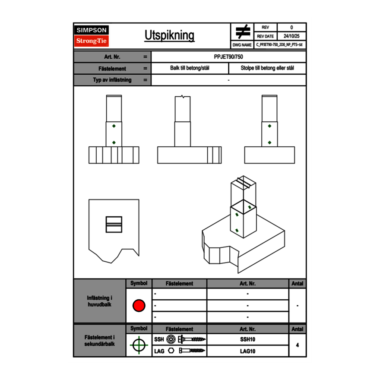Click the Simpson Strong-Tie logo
pyautogui.click(x=92, y=36)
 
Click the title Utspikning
pyautogui.click(x=169, y=35)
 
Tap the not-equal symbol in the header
pyautogui.click(x=243, y=32)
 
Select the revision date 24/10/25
pyautogui.click(x=291, y=36)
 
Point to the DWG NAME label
pyautogui.click(x=242, y=45)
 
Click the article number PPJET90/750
pyautogui.click(x=228, y=57)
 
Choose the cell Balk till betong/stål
pyautogui.click(x=190, y=68)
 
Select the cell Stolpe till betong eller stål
pyautogui.click(x=267, y=68)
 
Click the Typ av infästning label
pyautogui.click(x=112, y=80)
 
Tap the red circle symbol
pyautogui.click(x=139, y=305)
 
